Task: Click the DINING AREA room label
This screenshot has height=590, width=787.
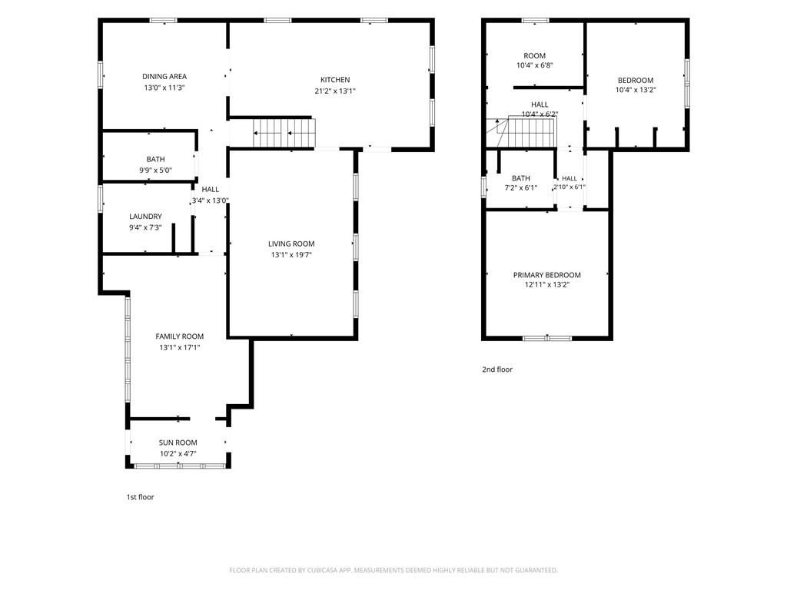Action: point(164,76)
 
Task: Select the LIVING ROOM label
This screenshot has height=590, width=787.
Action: point(291,244)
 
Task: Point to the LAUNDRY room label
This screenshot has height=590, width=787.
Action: point(145,216)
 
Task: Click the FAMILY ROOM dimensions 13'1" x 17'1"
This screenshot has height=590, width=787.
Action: point(180,347)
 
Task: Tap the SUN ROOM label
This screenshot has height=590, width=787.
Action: point(178,442)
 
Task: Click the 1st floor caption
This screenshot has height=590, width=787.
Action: point(140,497)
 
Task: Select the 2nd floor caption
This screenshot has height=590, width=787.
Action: point(497,370)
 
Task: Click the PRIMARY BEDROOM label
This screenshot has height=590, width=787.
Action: point(546,275)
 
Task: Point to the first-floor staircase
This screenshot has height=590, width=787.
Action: point(283,133)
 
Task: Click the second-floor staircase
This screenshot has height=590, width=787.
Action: point(531,132)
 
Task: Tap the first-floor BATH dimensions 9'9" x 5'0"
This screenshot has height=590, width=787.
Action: point(155,170)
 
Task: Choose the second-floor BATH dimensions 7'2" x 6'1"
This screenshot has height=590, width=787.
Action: point(521,187)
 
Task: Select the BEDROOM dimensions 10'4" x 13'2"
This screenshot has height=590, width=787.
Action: point(636,90)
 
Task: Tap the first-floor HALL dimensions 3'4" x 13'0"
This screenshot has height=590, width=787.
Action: point(211,201)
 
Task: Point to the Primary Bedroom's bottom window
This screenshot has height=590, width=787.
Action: point(547,338)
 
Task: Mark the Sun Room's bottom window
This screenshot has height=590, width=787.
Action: point(180,466)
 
